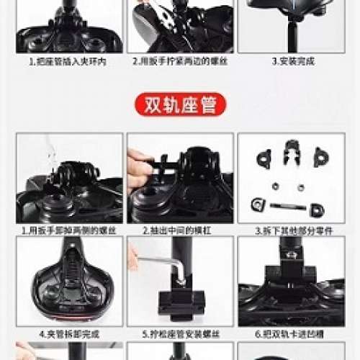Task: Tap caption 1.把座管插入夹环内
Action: pyautogui.click(x=68, y=62)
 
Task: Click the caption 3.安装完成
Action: pyautogui.click(x=292, y=62)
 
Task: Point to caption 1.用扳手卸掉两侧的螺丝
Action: pyautogui.click(x=68, y=231)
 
